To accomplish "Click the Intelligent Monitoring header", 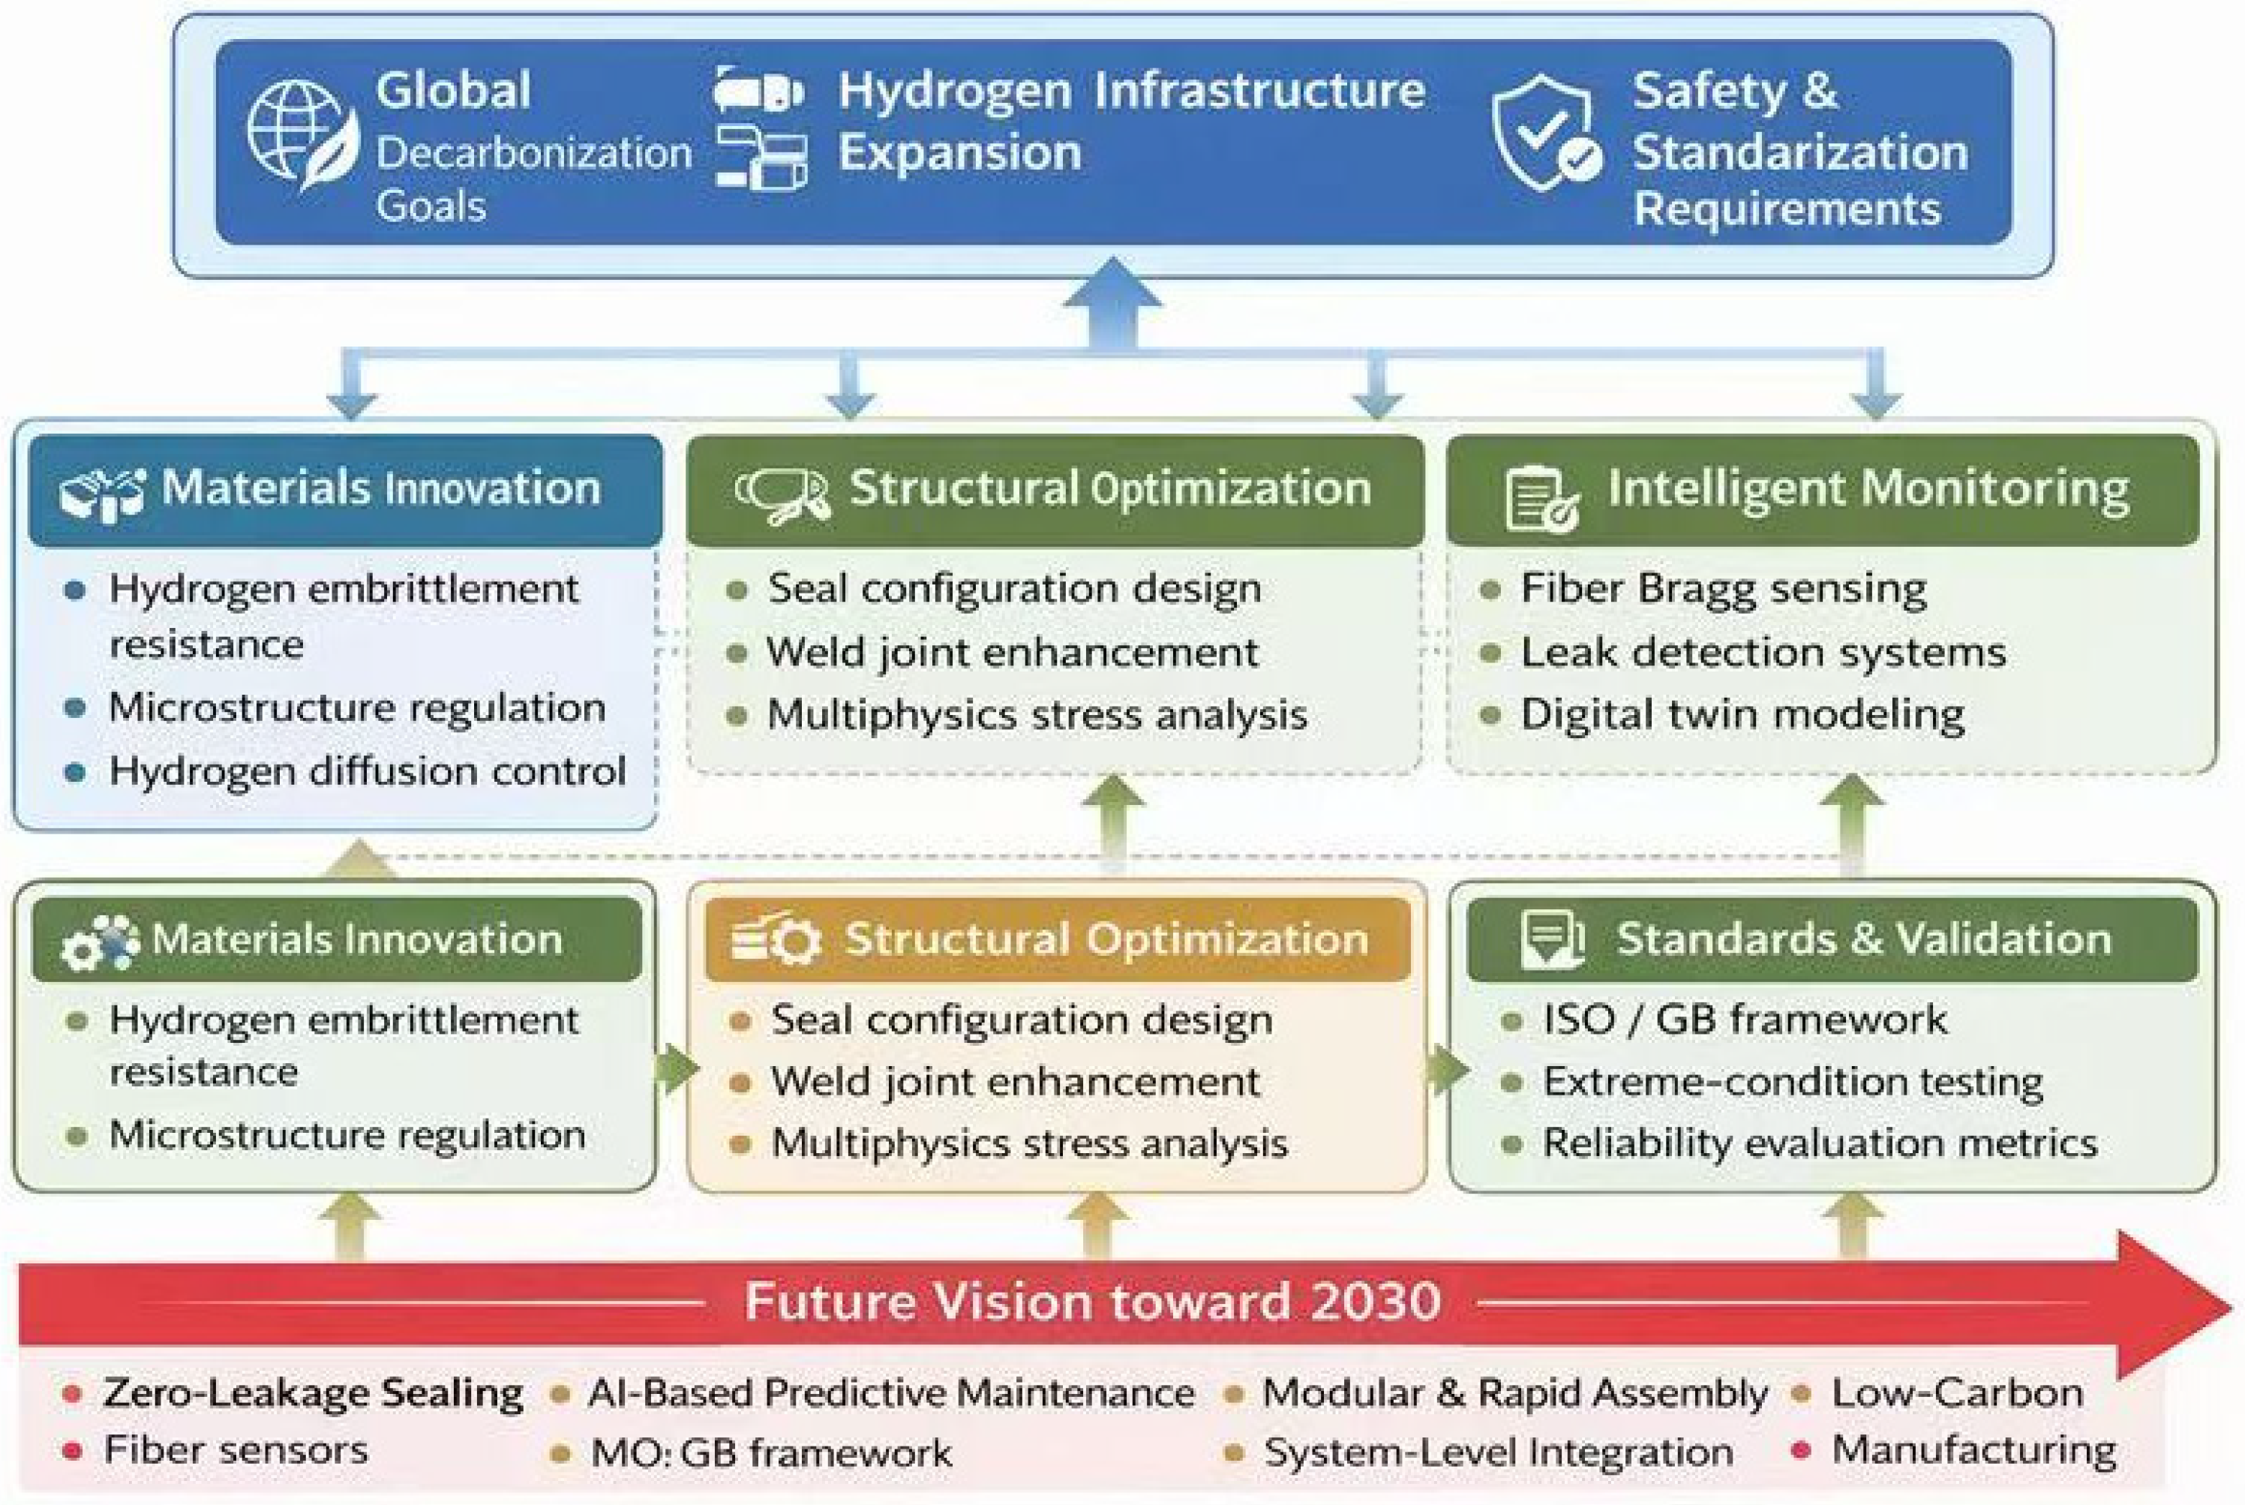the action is coord(1867,489).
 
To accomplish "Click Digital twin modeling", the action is coord(1741,715).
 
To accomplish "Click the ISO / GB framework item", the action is coord(1744,1020).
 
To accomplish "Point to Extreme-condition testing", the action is coord(1792,1082).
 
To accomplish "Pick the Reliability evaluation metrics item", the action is coord(1819,1143).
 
